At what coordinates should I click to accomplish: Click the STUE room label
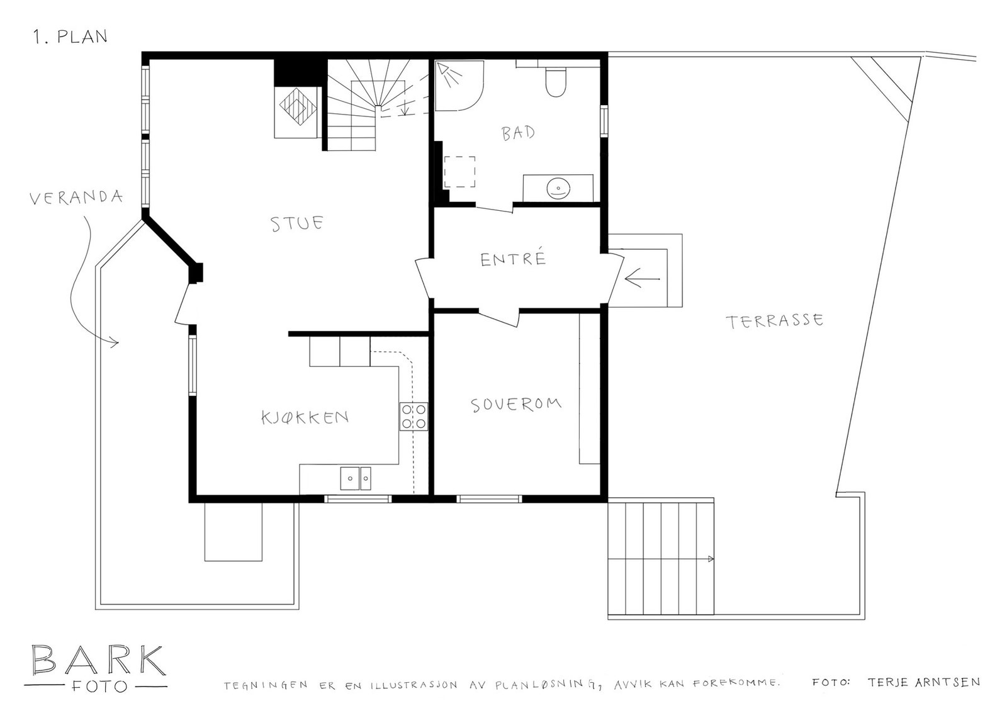[297, 223]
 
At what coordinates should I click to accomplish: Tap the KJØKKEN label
[305, 417]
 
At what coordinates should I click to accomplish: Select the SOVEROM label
[516, 404]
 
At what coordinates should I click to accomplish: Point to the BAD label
[518, 133]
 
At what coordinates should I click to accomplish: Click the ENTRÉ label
[512, 259]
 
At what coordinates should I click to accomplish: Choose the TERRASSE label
[774, 321]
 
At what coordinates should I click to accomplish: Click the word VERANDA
[76, 198]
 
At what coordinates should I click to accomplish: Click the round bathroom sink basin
[558, 188]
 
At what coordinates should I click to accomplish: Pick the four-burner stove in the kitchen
[413, 416]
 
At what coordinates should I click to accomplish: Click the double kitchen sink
[356, 478]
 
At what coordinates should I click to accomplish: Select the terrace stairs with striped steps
[661, 557]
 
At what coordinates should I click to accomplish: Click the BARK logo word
[98, 660]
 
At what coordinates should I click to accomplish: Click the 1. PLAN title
[70, 36]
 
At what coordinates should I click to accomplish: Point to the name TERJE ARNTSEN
[923, 682]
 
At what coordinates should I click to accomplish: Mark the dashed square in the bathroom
[459, 172]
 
